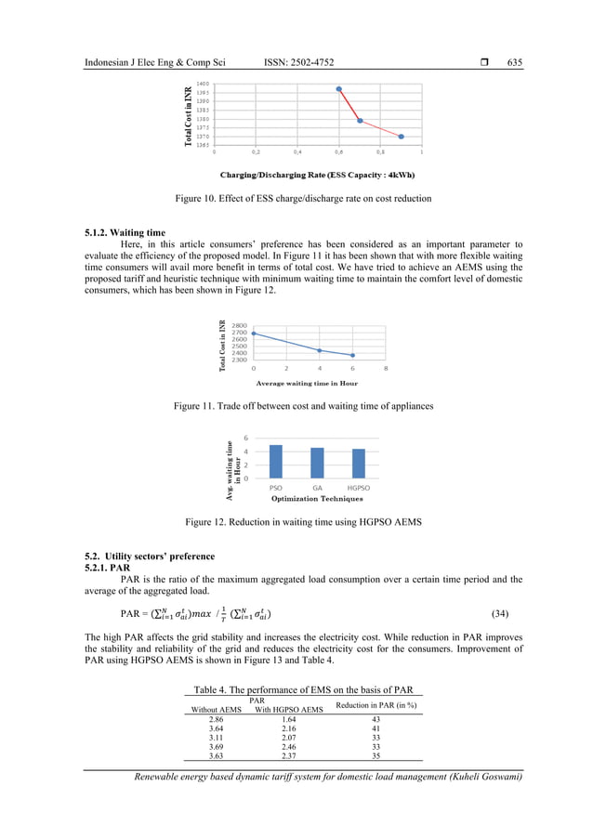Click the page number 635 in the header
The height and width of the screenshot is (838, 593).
click(514, 62)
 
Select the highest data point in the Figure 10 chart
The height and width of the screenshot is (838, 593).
click(339, 89)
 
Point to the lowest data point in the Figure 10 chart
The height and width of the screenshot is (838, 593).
click(401, 137)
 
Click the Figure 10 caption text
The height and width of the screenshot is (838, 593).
click(303, 199)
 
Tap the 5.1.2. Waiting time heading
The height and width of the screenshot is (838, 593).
click(125, 232)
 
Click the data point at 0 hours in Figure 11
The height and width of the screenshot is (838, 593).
click(254, 334)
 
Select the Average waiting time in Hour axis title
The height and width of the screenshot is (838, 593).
click(307, 383)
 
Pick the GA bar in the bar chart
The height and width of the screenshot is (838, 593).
click(317, 463)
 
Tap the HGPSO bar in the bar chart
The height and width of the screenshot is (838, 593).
click(359, 464)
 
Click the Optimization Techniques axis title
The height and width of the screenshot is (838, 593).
click(316, 498)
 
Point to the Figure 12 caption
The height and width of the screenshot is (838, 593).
click(303, 523)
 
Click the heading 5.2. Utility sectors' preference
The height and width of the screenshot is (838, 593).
click(150, 556)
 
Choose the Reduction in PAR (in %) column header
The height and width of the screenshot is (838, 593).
click(376, 705)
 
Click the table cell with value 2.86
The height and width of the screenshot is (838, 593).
click(216, 720)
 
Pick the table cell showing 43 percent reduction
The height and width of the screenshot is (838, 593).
click(376, 720)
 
